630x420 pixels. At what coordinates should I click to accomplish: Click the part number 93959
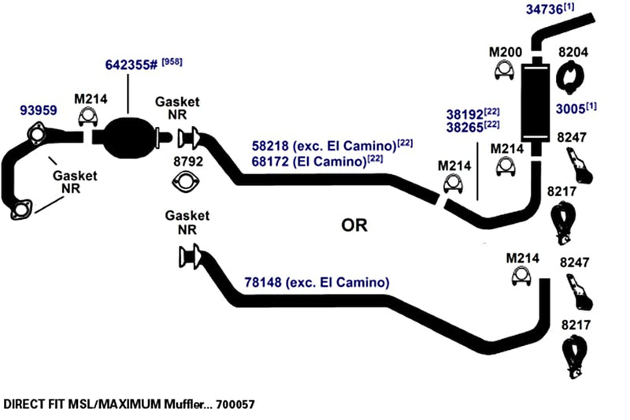click(x=39, y=110)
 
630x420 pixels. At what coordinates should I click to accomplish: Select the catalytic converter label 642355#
click(x=132, y=65)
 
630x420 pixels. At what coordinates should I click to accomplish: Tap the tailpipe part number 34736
click(x=544, y=9)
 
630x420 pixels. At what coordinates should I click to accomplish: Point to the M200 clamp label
click(x=506, y=52)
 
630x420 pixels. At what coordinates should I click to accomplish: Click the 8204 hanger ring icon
click(x=569, y=77)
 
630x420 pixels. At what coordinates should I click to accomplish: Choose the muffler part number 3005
click(x=570, y=109)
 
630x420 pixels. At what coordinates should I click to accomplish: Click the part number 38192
click(x=465, y=114)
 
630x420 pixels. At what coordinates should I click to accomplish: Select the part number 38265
click(x=465, y=128)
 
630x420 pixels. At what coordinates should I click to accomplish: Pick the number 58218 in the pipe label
click(x=270, y=146)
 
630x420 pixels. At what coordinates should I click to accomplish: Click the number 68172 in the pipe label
click(x=270, y=162)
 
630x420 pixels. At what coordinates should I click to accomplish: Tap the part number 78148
click(x=263, y=282)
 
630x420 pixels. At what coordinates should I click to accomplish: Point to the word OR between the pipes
click(x=354, y=225)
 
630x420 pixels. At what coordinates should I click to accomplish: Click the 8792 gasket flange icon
click(x=185, y=182)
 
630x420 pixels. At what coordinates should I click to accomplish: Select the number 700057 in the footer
click(x=235, y=404)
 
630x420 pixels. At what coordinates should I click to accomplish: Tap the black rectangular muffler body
click(x=535, y=102)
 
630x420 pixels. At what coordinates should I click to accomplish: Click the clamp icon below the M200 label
click(x=504, y=70)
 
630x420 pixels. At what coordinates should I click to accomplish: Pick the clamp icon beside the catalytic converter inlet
click(x=87, y=117)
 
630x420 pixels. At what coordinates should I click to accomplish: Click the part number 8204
click(x=573, y=52)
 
